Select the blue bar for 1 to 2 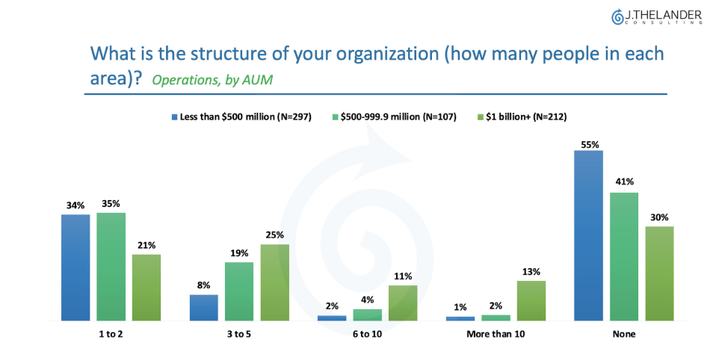pos(75,267)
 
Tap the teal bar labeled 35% pos(111,267)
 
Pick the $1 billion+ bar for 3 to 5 pos(275,282)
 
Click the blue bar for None pos(588,235)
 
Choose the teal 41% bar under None pos(624,256)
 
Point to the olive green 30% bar pos(659,273)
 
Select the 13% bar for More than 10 pos(531,300)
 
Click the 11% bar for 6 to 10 pos(403,302)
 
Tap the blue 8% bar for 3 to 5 pos(204,307)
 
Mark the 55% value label pos(588,144)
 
